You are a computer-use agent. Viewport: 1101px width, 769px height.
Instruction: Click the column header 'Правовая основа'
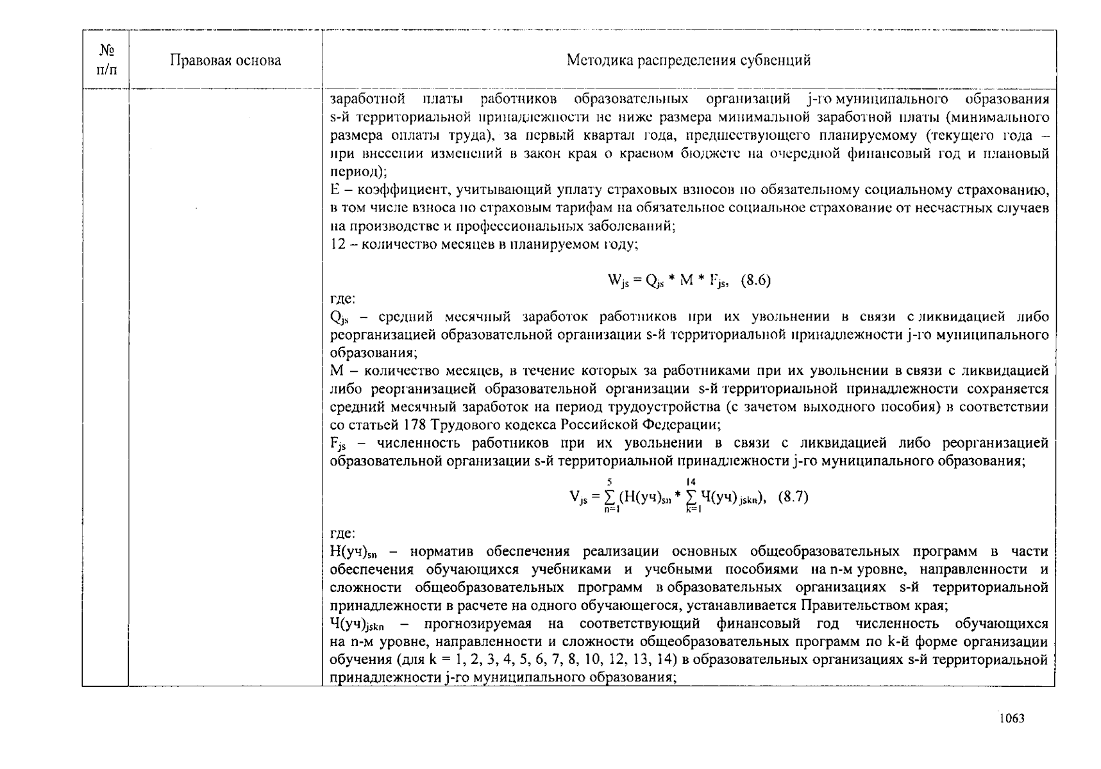point(225,60)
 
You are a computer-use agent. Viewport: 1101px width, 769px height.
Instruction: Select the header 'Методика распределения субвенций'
point(688,60)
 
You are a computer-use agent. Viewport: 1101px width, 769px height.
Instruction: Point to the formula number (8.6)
point(755,280)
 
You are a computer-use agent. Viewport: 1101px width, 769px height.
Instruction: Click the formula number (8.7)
point(793,497)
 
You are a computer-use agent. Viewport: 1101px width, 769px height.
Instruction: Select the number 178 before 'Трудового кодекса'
point(417,425)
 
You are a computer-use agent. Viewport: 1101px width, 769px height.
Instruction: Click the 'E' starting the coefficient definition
point(334,190)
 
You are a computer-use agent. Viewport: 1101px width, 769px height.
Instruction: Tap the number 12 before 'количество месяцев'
point(338,244)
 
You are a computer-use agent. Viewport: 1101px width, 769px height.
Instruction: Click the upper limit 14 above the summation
point(690,481)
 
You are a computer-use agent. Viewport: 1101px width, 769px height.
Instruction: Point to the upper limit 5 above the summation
point(609,481)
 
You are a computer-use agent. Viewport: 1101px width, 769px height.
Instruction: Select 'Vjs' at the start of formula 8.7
point(578,497)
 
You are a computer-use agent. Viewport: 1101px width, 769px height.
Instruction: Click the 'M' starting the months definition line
point(337,370)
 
